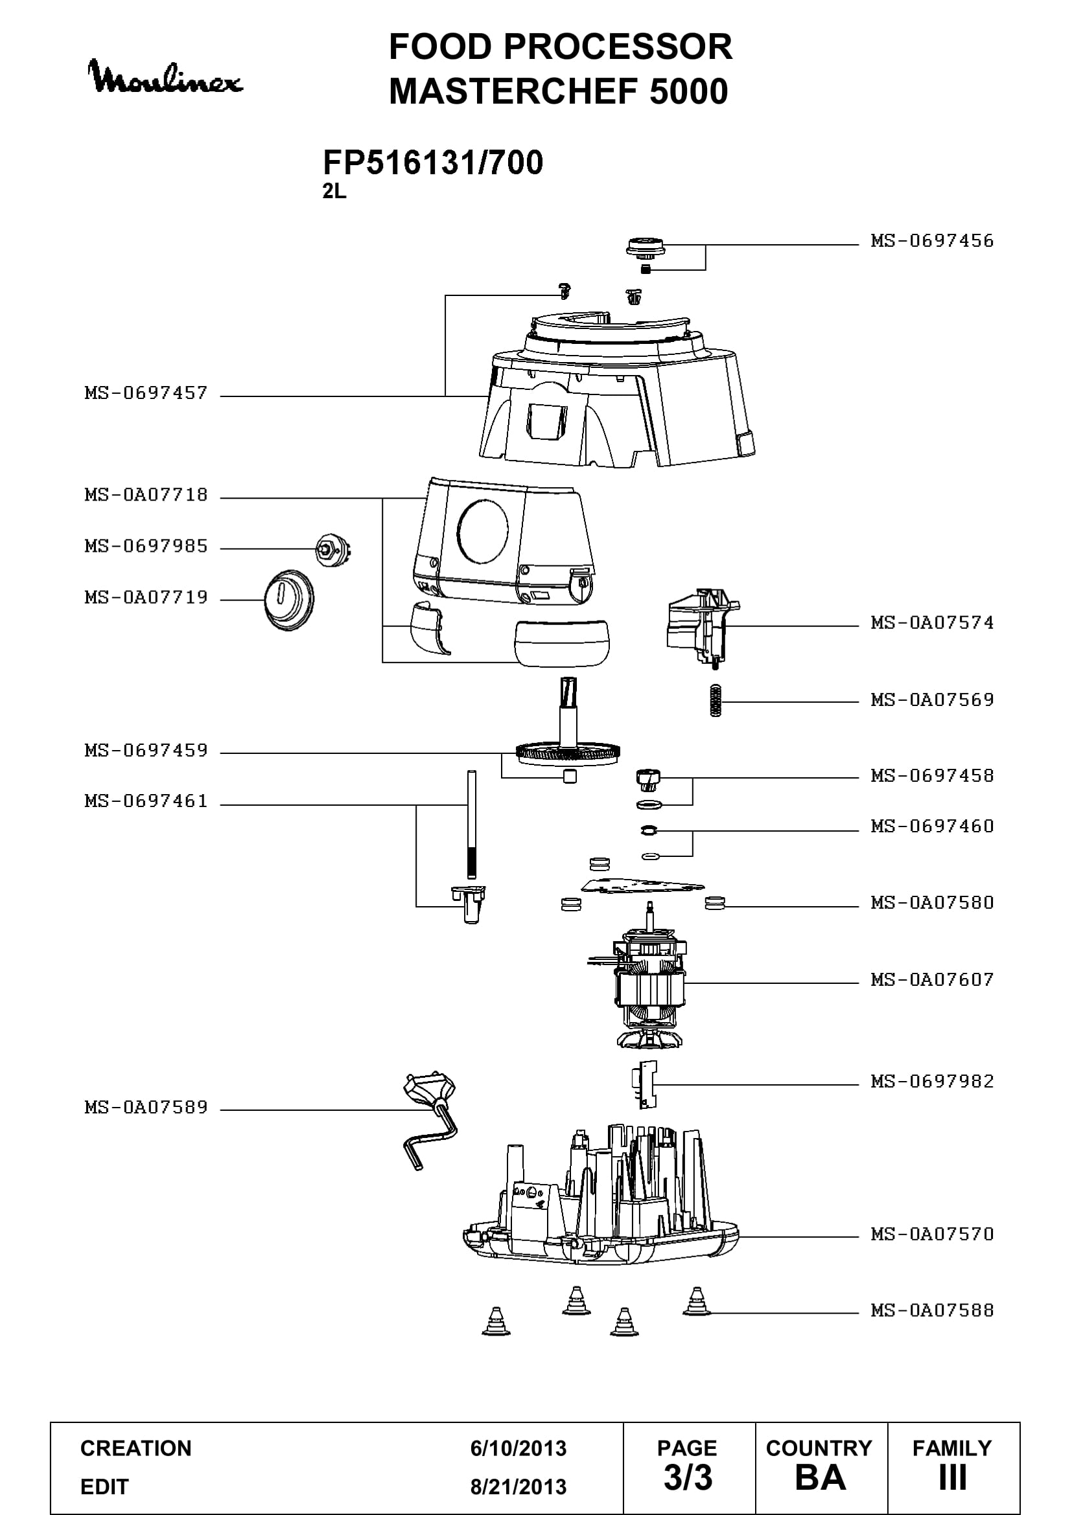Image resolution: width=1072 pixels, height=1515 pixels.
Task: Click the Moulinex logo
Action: click(165, 77)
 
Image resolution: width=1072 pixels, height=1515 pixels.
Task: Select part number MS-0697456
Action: click(932, 241)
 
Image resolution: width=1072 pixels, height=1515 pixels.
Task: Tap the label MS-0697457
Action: click(146, 393)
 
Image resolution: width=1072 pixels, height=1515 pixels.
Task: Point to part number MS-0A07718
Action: click(146, 495)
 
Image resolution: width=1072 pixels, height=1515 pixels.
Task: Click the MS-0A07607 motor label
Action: click(932, 980)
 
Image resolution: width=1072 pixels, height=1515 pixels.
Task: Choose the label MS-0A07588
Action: click(932, 1310)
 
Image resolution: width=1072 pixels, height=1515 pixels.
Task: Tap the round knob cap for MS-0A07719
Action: click(289, 600)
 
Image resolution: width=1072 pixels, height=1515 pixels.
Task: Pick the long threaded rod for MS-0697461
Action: click(471, 824)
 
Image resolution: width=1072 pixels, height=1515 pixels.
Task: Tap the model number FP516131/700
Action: click(433, 163)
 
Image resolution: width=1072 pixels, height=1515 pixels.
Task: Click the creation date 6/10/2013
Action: click(519, 1448)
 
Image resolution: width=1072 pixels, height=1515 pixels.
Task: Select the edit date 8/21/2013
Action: click(519, 1487)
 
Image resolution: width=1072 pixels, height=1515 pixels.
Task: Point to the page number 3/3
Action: click(688, 1478)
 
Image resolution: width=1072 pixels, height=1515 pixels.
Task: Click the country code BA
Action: click(821, 1478)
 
